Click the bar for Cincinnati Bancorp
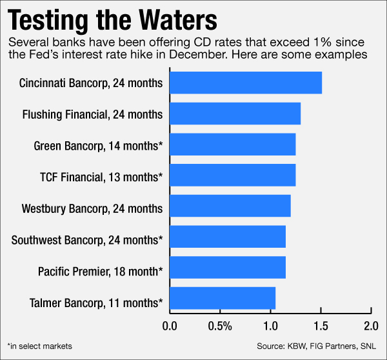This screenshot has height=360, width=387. click(245, 83)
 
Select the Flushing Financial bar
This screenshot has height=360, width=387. click(235, 114)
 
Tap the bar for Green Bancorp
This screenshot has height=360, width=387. click(232, 145)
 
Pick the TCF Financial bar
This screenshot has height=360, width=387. click(232, 175)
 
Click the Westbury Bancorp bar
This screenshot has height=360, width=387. click(230, 206)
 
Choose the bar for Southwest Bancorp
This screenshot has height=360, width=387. click(227, 237)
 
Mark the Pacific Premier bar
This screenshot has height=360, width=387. click(227, 268)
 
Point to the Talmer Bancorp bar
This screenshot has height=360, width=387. click(222, 299)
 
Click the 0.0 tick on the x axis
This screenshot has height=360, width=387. click(170, 326)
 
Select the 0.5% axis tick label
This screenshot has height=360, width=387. click(220, 326)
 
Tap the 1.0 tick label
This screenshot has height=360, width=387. click(270, 326)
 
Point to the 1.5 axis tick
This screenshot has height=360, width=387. click(321, 326)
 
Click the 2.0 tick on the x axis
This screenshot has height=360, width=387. click(371, 326)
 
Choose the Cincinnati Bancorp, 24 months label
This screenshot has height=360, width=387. click(91, 84)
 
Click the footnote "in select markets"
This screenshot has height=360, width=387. click(40, 346)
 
